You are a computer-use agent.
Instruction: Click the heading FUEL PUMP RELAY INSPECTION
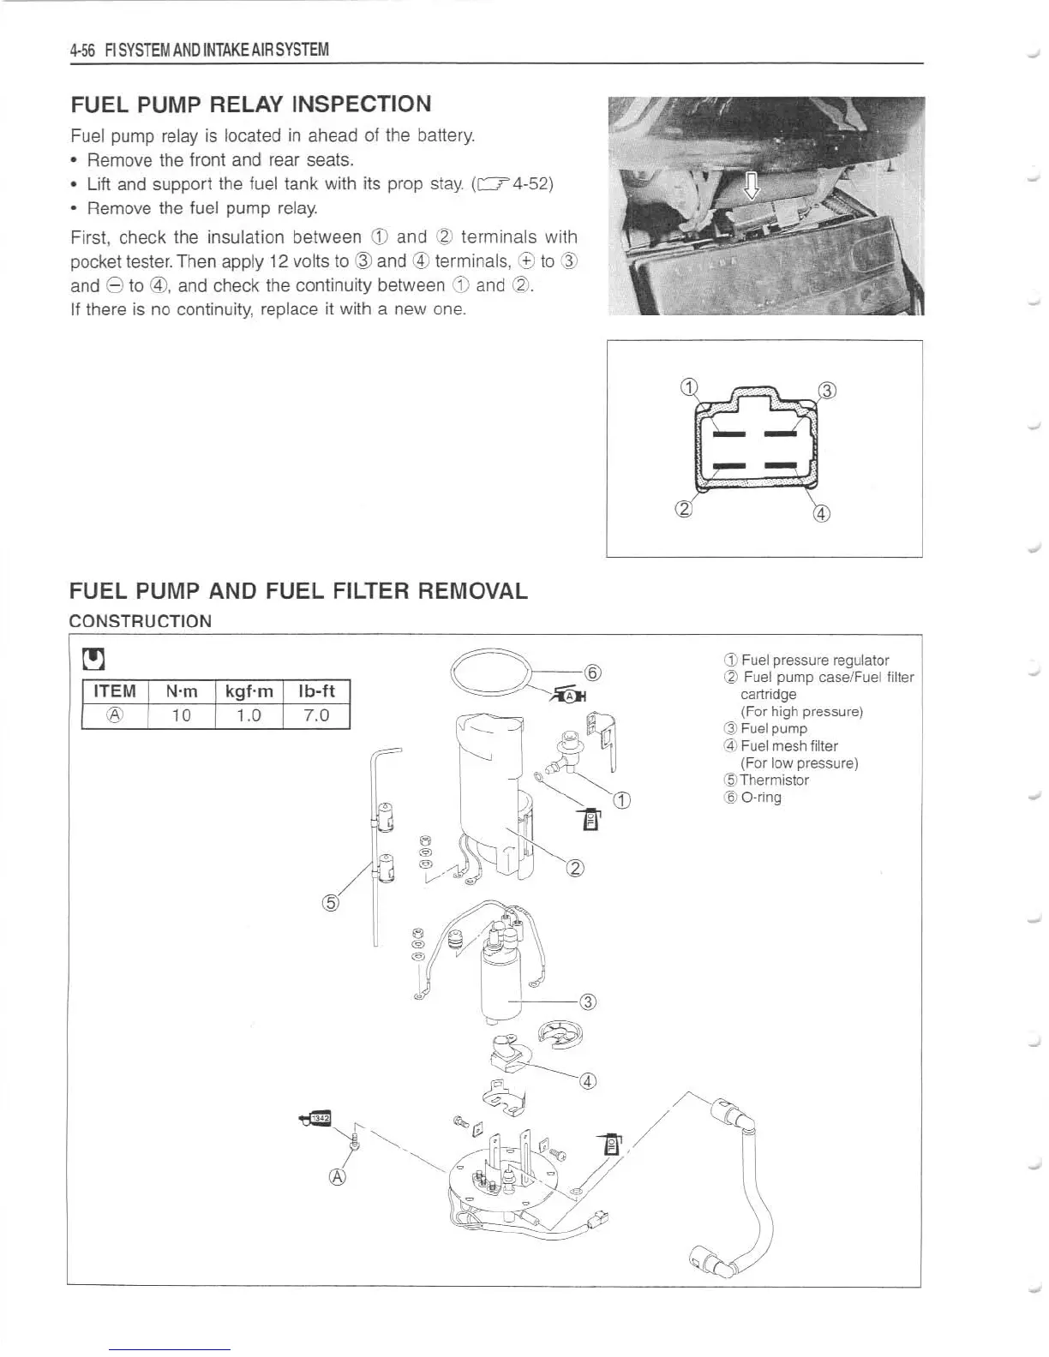point(250,105)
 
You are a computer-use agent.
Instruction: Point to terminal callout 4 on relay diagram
point(821,514)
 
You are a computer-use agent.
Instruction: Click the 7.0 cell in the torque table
point(316,715)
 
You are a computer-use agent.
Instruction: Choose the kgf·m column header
point(249,691)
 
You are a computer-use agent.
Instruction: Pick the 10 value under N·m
point(181,715)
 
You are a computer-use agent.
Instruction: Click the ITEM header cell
point(114,691)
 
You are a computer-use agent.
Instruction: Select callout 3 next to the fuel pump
point(588,1001)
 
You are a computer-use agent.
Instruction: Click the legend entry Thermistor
point(774,780)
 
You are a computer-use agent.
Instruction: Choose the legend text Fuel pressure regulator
point(814,661)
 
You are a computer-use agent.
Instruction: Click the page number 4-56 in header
point(83,50)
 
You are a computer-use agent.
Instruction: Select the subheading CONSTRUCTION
point(140,621)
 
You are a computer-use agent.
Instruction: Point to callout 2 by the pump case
point(576,870)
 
